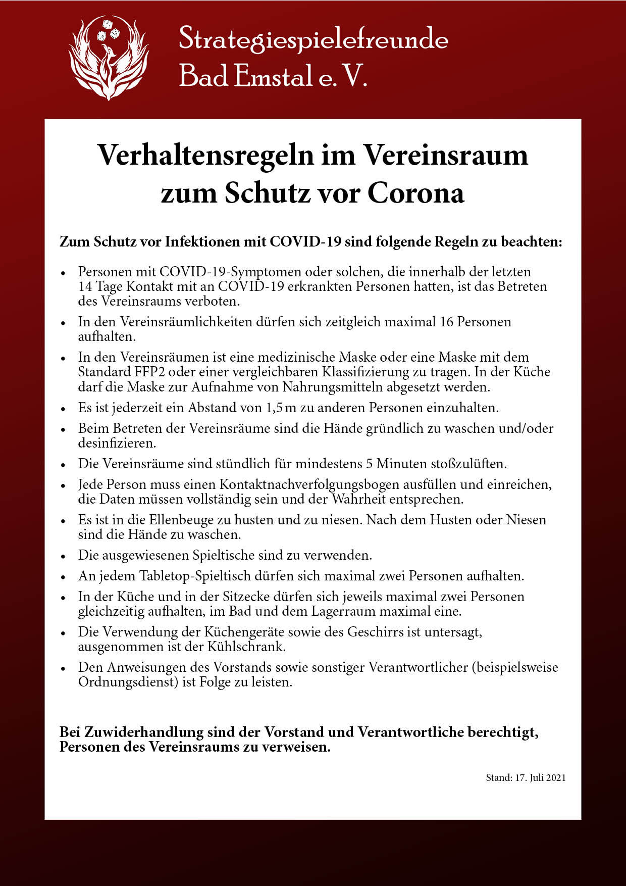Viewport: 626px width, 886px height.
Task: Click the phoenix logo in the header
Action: coord(109,57)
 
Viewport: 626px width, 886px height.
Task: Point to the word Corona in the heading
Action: coord(415,193)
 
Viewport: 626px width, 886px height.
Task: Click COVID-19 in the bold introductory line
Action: coord(305,241)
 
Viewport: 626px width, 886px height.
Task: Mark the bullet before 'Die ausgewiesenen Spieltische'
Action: coord(63,556)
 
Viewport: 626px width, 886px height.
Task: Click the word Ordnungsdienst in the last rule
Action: coord(126,682)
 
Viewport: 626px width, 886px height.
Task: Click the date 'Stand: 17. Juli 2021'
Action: coord(526,778)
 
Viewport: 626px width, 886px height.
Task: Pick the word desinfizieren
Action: coord(117,444)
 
